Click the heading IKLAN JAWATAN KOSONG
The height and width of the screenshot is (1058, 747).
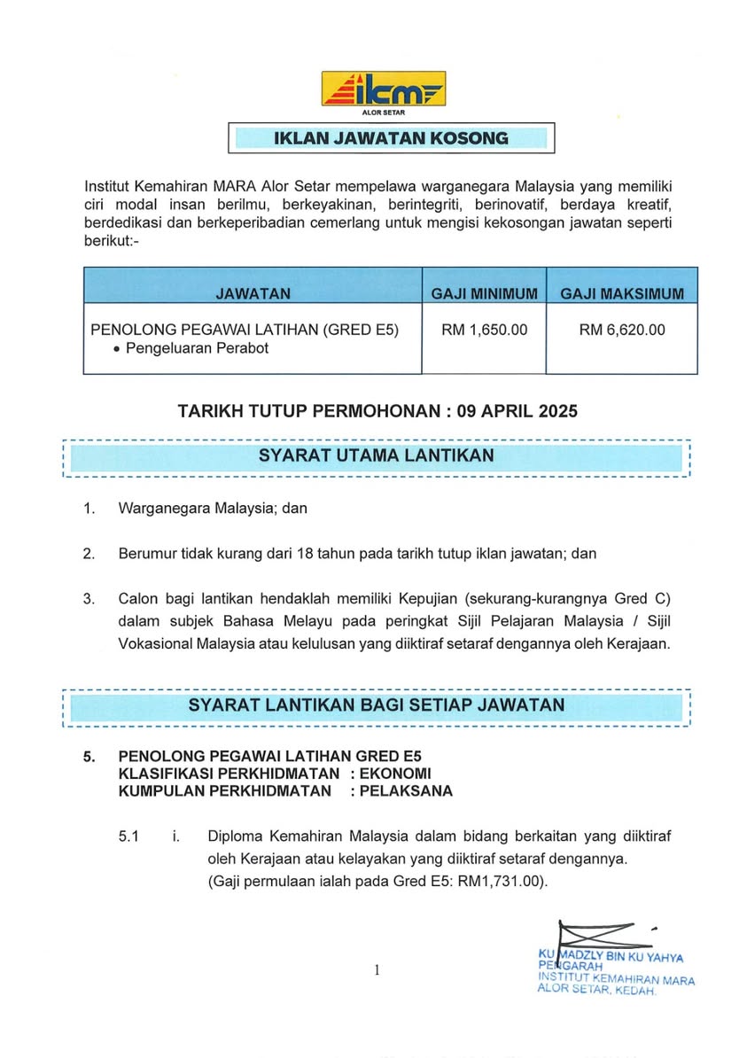click(390, 138)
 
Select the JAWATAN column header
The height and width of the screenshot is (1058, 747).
click(253, 293)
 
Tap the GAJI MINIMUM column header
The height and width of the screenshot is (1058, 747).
click(484, 293)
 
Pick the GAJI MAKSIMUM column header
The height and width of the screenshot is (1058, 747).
click(621, 293)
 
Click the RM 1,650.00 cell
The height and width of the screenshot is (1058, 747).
click(484, 330)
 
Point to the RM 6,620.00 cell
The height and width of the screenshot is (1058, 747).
click(621, 330)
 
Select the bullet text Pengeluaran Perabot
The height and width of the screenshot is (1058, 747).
click(197, 348)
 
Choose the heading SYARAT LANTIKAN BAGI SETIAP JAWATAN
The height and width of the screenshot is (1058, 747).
click(377, 705)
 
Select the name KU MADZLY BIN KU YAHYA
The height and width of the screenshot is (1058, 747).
click(611, 956)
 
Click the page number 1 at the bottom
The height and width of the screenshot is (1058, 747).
click(377, 970)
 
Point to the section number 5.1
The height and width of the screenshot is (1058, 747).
click(129, 836)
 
